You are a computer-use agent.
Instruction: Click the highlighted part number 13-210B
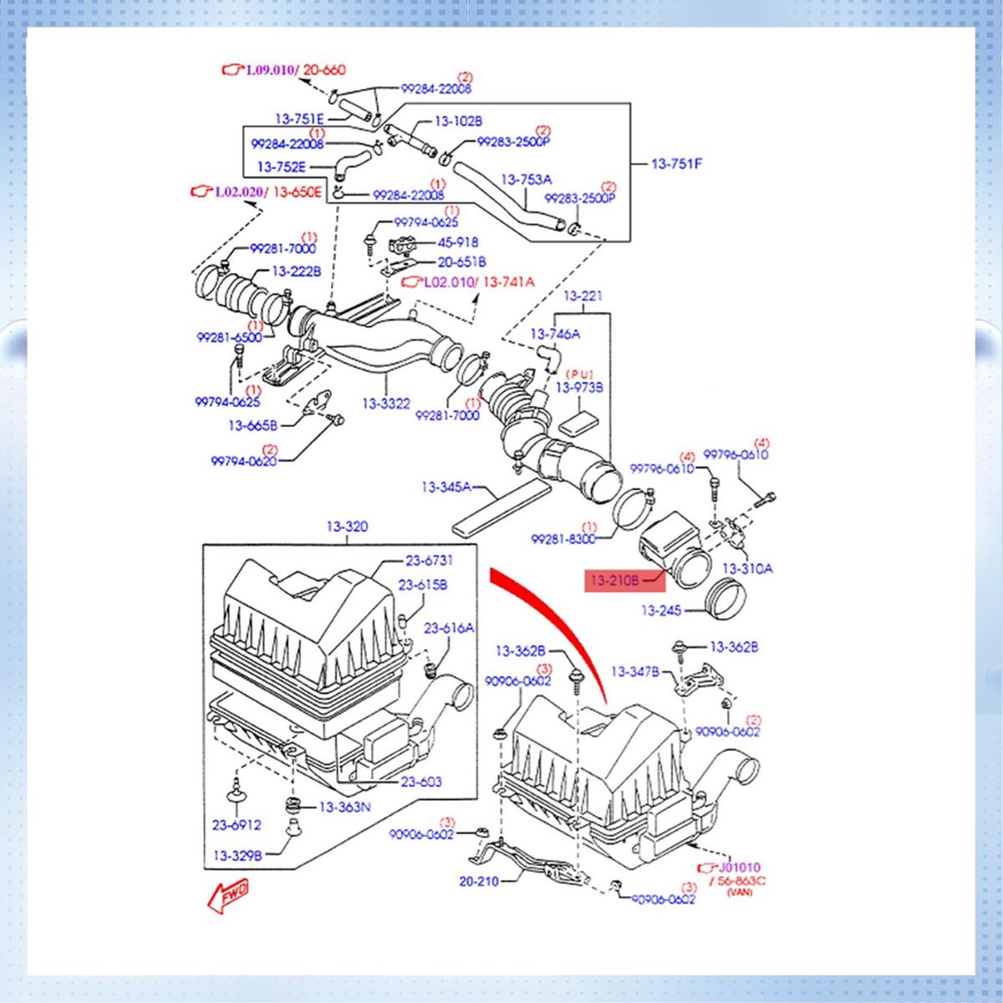(614, 580)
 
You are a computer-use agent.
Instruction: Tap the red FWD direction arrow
(228, 895)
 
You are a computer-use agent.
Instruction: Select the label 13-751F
(677, 164)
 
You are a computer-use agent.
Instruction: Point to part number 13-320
(347, 527)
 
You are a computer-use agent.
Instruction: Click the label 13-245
(661, 610)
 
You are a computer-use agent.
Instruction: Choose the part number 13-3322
(386, 404)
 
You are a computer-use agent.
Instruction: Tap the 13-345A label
(446, 487)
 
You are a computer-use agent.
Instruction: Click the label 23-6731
(429, 561)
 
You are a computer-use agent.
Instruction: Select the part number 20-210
(479, 881)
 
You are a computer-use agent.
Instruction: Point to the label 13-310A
(747, 569)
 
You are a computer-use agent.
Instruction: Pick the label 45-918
(457, 242)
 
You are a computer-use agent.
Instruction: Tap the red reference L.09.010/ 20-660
(283, 69)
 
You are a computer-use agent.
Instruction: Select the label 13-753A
(527, 180)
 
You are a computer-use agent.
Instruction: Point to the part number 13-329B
(237, 855)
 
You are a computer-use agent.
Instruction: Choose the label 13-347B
(635, 672)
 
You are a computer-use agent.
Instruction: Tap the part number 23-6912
(237, 825)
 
